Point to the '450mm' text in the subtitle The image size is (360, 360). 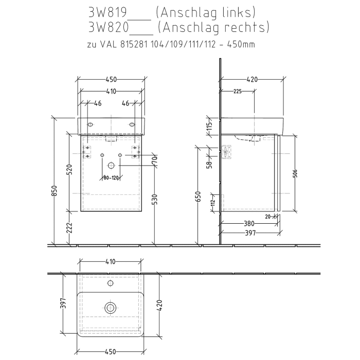(x=240, y=44)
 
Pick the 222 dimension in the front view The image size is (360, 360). (x=70, y=226)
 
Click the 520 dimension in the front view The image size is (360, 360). (x=70, y=170)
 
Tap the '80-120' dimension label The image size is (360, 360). (x=111, y=178)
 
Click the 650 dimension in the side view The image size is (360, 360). (x=198, y=197)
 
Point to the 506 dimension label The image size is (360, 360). (x=295, y=173)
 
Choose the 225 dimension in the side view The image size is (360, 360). (x=238, y=91)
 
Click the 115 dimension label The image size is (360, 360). (x=209, y=127)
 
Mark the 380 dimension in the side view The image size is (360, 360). (x=249, y=224)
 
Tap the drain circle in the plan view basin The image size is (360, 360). (x=110, y=308)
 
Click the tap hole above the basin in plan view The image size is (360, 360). (x=110, y=283)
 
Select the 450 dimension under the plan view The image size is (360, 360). (x=110, y=352)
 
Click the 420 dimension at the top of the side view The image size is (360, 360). (x=252, y=79)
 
